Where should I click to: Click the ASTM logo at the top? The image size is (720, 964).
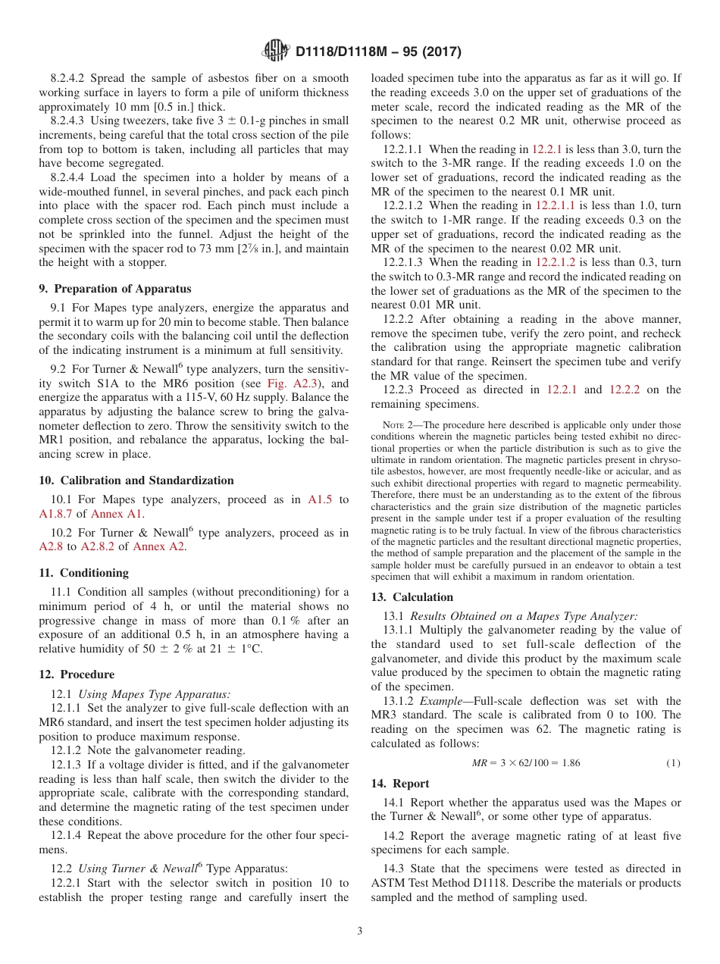[275, 51]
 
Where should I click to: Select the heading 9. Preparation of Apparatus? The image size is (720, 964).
[115, 289]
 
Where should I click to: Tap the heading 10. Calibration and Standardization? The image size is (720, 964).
[136, 480]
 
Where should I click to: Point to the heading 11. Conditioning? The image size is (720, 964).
[84, 573]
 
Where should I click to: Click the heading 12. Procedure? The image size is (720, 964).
[77, 674]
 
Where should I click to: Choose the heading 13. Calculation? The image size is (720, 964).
[412, 597]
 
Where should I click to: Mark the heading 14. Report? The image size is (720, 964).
[400, 784]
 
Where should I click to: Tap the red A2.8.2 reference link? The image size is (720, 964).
[98, 546]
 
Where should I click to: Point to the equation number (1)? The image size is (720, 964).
[673, 763]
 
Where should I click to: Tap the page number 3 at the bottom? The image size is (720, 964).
[360, 931]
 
